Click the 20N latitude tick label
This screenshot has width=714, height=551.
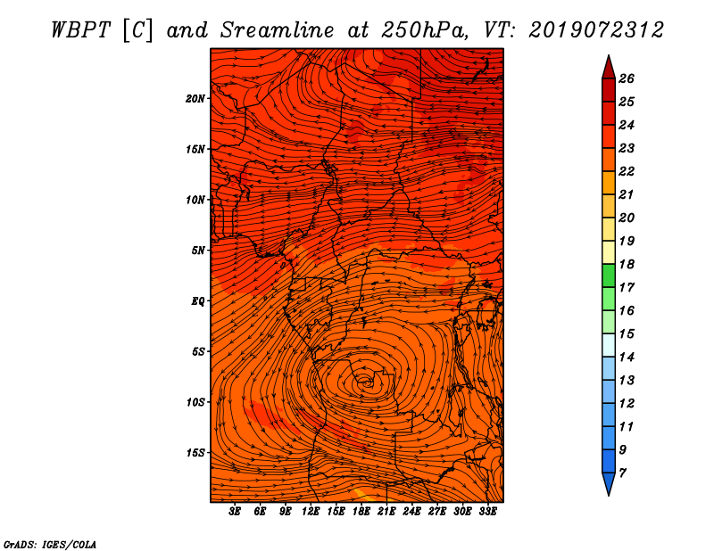195,99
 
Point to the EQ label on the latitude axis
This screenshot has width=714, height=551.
197,301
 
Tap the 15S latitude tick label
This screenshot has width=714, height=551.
195,453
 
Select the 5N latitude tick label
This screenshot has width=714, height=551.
198,251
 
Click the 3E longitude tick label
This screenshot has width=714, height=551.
235,512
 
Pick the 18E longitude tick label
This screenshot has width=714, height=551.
361,512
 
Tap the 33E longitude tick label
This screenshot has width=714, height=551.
487,512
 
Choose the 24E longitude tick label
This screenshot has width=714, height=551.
411,512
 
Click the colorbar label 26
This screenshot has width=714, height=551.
627,78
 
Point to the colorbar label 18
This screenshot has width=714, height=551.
627,264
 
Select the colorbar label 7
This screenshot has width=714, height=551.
622,473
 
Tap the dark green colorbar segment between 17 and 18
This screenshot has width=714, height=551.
609,275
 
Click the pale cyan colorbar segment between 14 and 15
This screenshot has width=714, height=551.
609,345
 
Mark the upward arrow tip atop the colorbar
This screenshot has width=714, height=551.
609,55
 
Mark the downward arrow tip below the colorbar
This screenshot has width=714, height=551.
609,495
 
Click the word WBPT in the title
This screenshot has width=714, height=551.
80,30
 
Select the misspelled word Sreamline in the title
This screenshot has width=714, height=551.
277,30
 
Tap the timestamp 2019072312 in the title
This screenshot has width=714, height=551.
595,30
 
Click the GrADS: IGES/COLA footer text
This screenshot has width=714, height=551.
50,545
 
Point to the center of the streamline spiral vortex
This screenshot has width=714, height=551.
366,383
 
